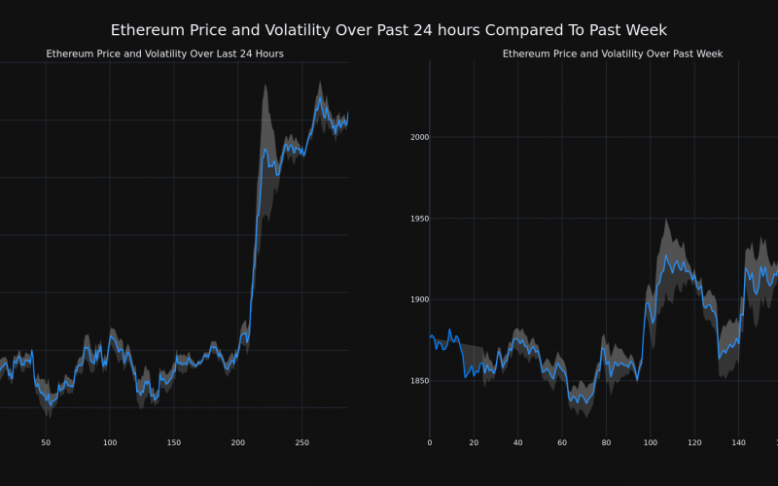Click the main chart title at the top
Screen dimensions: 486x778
[389, 30]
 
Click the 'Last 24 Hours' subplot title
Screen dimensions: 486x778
[165, 53]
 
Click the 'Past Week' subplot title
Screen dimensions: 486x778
[613, 53]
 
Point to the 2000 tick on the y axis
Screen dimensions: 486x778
[419, 137]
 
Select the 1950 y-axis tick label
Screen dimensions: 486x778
[419, 219]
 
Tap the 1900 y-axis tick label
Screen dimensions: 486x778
[419, 299]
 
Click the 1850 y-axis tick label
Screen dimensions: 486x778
[419, 381]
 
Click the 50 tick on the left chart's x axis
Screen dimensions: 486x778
[46, 443]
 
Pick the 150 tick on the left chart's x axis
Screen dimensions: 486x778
[174, 443]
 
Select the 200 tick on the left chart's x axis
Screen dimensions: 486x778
[238, 443]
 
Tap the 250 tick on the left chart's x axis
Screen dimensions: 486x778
[302, 443]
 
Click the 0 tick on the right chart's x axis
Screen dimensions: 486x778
[430, 443]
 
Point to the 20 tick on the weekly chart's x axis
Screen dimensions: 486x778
[474, 443]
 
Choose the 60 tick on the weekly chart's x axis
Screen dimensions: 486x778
[562, 443]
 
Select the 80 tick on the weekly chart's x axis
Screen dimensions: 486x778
[606, 443]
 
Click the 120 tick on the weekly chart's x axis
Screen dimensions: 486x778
[694, 443]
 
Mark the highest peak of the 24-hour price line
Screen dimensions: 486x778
[318, 96]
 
